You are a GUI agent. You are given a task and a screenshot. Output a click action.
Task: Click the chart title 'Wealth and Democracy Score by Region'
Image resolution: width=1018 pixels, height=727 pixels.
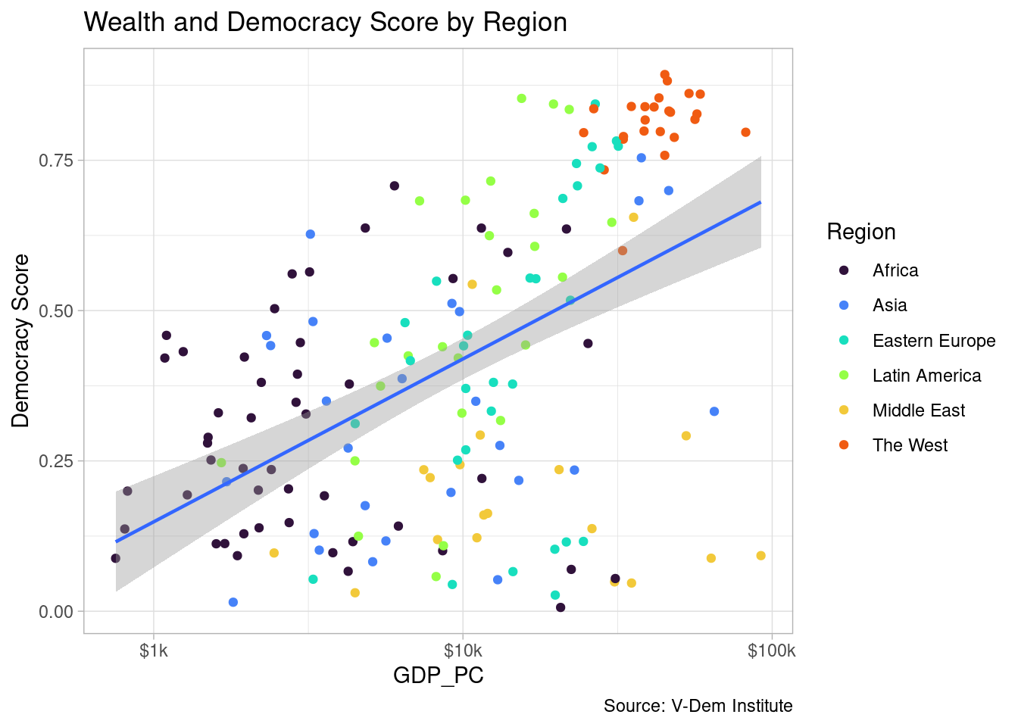[x=325, y=22]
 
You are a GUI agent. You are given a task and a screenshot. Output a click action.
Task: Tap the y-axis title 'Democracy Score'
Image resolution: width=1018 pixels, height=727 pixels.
[x=21, y=341]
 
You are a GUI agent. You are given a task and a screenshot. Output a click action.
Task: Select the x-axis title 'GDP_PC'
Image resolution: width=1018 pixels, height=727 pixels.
[x=438, y=675]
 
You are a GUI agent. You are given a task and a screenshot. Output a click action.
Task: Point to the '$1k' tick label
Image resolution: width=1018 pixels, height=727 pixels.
[x=154, y=651]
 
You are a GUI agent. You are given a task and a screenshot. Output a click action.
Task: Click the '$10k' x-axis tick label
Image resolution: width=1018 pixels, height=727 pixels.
[x=463, y=651]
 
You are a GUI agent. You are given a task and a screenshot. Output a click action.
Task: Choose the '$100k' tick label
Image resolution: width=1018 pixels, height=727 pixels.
[x=772, y=651]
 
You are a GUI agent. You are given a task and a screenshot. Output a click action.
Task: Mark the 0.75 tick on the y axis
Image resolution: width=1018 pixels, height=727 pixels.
[x=57, y=161]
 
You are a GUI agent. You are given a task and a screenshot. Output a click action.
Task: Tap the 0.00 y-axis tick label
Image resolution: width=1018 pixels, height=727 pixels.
[x=57, y=611]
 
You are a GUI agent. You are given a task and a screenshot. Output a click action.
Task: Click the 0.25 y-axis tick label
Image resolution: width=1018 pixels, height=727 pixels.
[x=57, y=461]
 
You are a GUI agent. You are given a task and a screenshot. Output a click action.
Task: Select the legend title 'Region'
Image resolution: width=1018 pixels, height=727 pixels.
[x=861, y=232]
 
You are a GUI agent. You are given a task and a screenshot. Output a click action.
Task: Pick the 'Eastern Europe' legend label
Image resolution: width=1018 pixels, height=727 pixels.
[x=933, y=341]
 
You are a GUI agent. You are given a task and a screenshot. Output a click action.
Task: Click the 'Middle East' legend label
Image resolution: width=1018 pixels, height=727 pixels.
[x=918, y=410]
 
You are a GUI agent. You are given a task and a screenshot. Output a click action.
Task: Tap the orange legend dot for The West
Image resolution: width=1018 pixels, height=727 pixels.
[x=845, y=445]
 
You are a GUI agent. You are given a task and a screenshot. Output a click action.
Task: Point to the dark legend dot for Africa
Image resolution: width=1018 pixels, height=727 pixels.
[x=845, y=270]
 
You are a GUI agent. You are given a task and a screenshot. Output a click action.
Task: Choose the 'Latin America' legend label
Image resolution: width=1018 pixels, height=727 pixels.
[x=926, y=376]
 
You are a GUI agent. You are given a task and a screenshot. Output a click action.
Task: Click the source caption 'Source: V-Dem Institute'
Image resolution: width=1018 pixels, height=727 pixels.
[x=698, y=706]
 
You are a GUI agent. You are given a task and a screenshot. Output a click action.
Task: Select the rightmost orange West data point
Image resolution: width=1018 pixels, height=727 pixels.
[x=745, y=133]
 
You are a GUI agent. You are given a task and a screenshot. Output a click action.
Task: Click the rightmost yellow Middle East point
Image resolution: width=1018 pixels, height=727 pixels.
[x=760, y=556]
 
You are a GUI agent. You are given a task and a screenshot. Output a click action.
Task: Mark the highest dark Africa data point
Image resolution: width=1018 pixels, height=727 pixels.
[x=394, y=186]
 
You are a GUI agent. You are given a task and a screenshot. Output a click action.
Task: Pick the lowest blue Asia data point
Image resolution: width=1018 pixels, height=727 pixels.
[x=233, y=602]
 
